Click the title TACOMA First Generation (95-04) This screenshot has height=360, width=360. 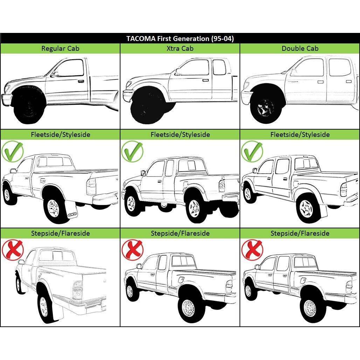click(180, 39)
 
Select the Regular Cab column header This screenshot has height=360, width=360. click(60, 49)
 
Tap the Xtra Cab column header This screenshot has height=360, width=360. click(180, 49)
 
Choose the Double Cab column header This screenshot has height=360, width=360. click(300, 49)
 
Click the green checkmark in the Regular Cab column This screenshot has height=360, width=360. click(13, 151)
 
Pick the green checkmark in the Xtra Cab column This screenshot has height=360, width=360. click(132, 151)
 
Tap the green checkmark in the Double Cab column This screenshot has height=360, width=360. click(252, 151)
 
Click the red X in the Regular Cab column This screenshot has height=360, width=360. click(13, 250)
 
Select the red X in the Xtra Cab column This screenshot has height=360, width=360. click(132, 250)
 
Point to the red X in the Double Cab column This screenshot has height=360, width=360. click(252, 250)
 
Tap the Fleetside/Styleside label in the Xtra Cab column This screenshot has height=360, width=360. click(180, 134)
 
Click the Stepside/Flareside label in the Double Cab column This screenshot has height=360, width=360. click(300, 233)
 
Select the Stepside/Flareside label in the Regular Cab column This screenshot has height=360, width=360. click(60, 233)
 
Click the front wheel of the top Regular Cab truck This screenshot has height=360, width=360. click(28, 106)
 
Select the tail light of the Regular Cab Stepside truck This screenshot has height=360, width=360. click(77, 290)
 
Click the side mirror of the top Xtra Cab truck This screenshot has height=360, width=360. click(178, 72)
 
